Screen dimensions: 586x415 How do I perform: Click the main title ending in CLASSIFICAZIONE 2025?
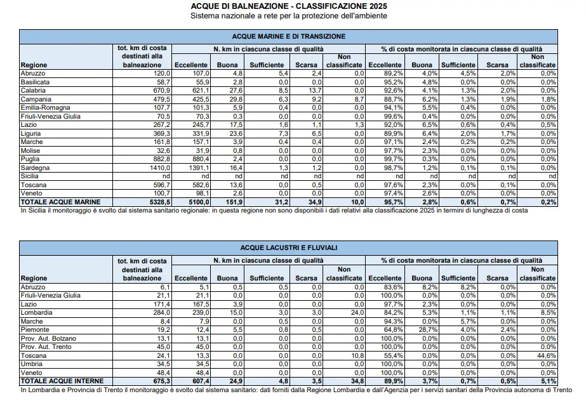(x=288, y=6)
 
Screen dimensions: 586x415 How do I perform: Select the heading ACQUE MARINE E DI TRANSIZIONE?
(x=288, y=37)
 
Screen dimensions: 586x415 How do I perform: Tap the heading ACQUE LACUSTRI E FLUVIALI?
(x=288, y=247)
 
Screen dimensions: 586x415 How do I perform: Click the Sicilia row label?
(x=30, y=176)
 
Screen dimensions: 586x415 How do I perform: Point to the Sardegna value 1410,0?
(x=159, y=168)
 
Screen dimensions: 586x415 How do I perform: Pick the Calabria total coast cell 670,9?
(x=161, y=90)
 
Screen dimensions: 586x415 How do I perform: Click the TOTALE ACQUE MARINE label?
(x=60, y=202)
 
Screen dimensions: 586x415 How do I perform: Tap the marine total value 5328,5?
(x=160, y=202)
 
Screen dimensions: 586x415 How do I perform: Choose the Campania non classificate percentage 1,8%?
(x=549, y=100)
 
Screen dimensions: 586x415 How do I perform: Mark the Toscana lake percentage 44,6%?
(x=547, y=355)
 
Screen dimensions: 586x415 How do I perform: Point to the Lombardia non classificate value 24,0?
(x=357, y=313)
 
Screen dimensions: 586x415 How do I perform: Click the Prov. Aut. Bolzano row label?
(x=49, y=338)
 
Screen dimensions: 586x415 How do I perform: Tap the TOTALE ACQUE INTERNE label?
(x=62, y=381)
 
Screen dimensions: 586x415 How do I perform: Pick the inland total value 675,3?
(x=162, y=381)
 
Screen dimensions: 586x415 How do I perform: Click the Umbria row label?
(x=31, y=364)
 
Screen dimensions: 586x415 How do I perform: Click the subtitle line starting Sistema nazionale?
(x=288, y=16)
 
